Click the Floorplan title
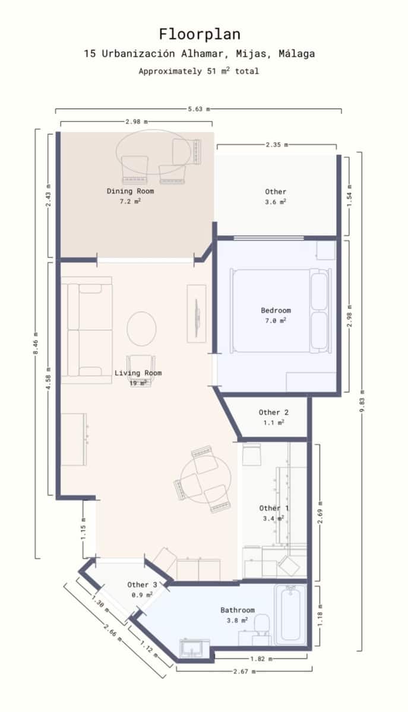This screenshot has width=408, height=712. (199, 34)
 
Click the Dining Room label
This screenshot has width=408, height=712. (130, 191)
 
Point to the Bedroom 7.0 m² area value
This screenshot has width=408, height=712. (276, 320)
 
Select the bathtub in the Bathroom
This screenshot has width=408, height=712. (290, 615)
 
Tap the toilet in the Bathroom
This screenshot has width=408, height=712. (261, 625)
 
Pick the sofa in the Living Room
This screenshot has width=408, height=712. (89, 329)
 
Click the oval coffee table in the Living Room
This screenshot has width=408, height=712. (141, 328)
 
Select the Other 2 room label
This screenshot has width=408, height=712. (273, 412)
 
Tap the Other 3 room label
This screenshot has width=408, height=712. (142, 585)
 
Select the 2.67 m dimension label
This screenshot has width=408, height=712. (244, 672)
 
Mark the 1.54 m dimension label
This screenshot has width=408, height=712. (349, 194)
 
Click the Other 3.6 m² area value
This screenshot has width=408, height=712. (276, 202)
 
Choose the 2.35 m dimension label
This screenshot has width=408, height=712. (276, 144)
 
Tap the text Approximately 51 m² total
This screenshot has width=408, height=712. (199, 71)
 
